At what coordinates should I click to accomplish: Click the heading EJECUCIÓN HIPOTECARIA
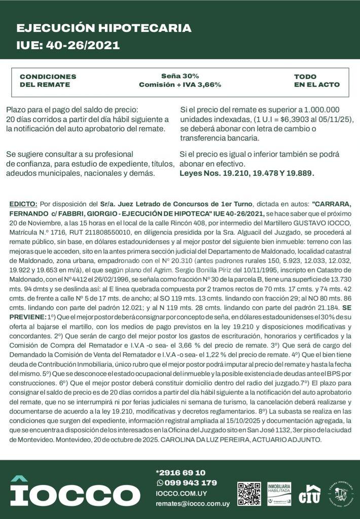point(104,28)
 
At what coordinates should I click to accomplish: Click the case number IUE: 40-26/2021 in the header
point(68,45)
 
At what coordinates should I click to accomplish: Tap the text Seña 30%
point(180,76)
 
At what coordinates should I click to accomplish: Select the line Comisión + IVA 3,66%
point(180,85)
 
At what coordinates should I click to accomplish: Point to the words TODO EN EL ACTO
point(317,81)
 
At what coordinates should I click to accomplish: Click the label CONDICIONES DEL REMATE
point(48,81)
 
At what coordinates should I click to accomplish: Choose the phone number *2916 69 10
point(181,472)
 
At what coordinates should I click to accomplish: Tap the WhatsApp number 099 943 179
point(190,483)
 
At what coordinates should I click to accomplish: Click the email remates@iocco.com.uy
point(193,504)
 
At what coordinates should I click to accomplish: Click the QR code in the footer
point(249,494)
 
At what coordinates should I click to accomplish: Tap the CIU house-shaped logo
point(309,494)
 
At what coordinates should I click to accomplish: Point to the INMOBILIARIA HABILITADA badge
point(279,494)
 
